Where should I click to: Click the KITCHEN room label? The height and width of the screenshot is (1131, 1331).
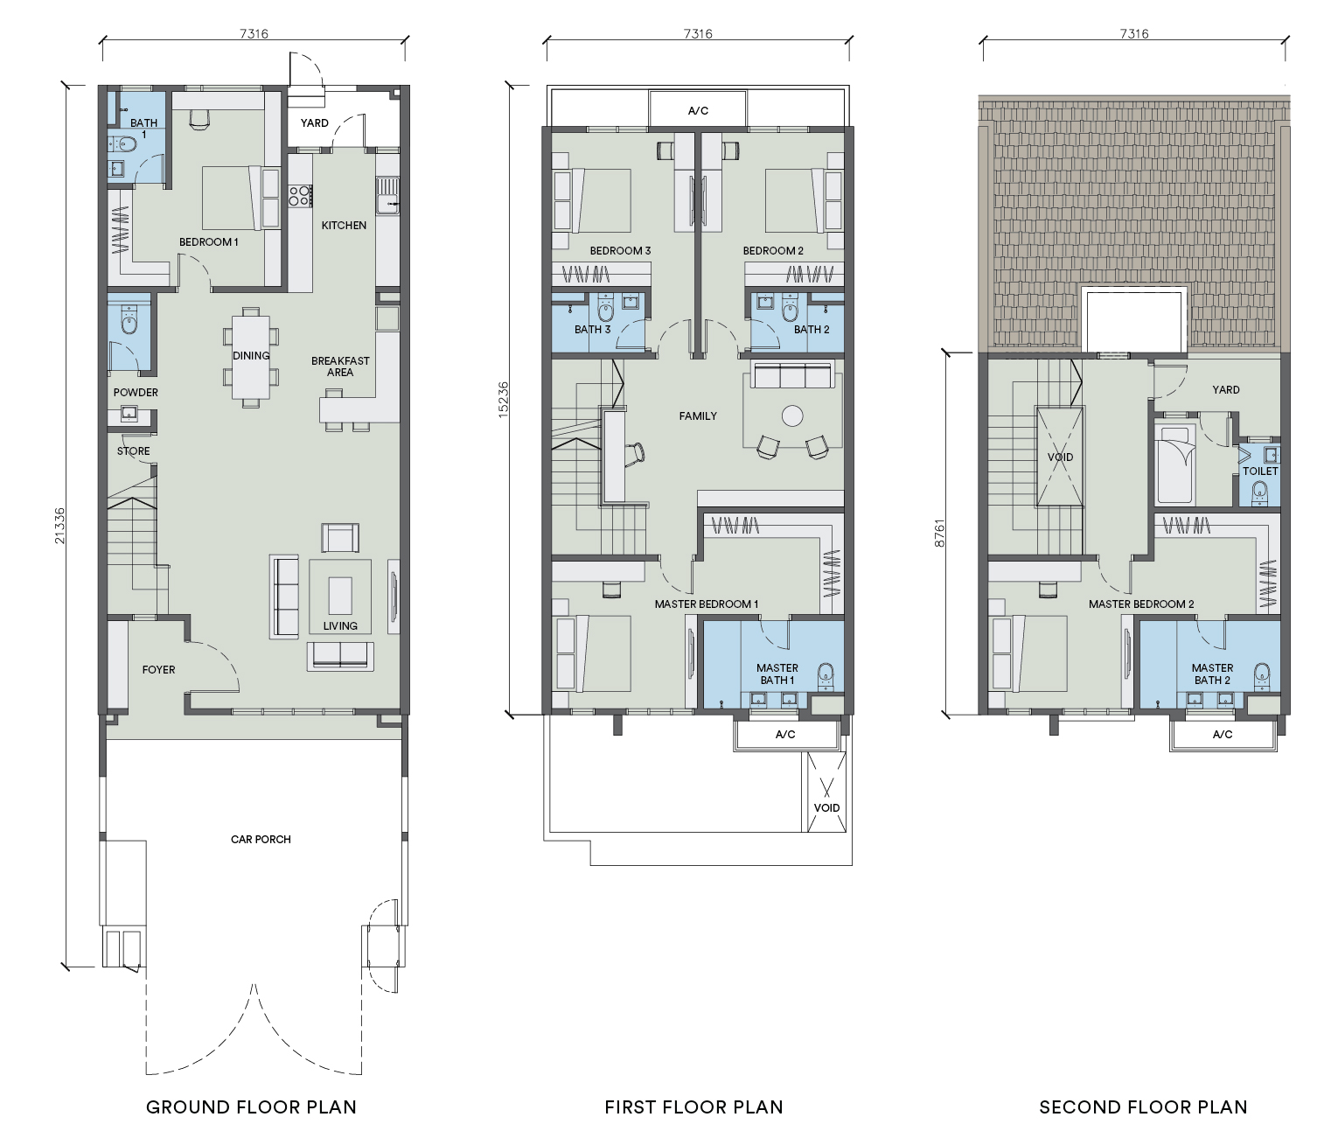(344, 226)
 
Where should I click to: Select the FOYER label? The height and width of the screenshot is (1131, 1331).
(158, 670)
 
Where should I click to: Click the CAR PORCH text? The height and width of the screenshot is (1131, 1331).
(261, 839)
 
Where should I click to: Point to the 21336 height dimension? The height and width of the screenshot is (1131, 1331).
(59, 526)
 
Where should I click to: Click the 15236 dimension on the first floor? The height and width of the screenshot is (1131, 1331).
(504, 400)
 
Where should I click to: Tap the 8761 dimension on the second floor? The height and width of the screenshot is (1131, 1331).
(940, 534)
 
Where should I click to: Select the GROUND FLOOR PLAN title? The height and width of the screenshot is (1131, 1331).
(251, 1107)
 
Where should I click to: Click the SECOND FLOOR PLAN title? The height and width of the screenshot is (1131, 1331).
(1143, 1107)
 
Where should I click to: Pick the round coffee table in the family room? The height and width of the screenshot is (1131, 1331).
(792, 416)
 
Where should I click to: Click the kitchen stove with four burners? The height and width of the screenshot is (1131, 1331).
(300, 196)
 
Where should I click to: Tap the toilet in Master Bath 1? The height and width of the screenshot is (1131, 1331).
(825, 675)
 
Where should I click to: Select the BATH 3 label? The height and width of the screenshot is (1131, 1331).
(592, 330)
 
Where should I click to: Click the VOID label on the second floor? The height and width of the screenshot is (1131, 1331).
(1060, 457)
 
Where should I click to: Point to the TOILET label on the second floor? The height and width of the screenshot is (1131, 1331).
(1260, 471)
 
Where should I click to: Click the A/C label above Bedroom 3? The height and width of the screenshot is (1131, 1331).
(698, 111)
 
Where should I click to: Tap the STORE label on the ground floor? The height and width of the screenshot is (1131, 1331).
(133, 451)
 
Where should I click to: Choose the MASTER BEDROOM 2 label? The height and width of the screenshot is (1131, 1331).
(1141, 604)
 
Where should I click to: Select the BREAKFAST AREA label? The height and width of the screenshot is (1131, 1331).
(340, 367)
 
